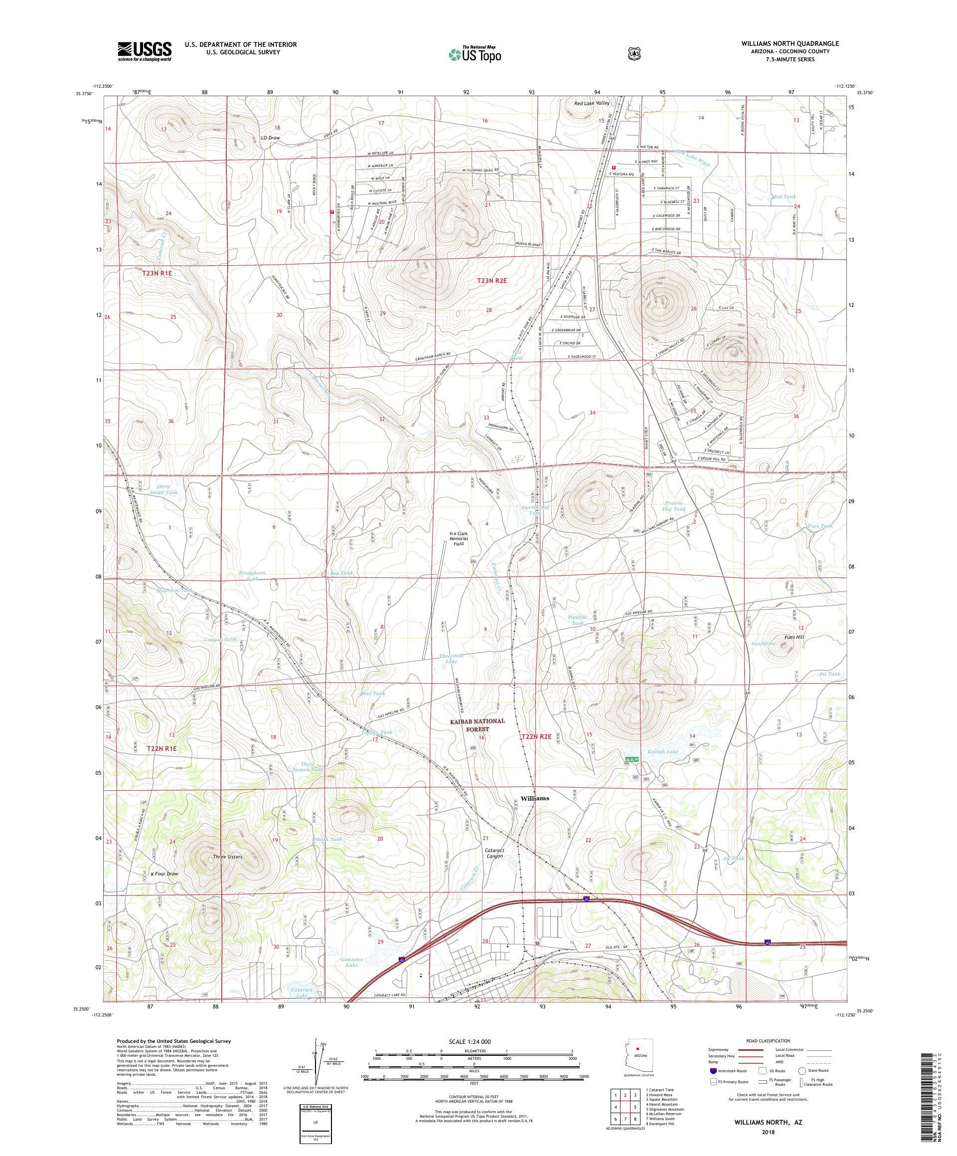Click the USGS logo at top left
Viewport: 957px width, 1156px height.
click(x=144, y=52)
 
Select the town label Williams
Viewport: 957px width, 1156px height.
click(x=534, y=798)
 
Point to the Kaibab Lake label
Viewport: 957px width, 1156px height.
click(x=663, y=751)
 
